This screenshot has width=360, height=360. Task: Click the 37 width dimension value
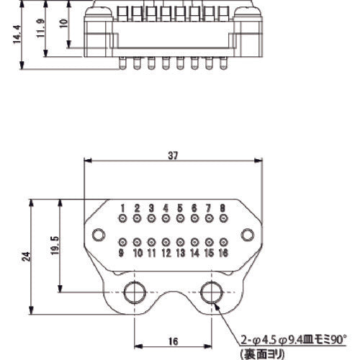[x=174, y=155]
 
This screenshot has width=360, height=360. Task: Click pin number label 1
[x=123, y=207]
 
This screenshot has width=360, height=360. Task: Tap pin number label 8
[x=222, y=207]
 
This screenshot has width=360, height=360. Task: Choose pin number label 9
[x=122, y=253]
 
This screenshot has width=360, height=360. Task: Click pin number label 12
[x=166, y=253]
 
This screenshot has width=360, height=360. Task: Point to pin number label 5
[x=180, y=207]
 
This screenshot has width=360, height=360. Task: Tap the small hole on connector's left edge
[x=97, y=233]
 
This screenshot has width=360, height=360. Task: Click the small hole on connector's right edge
[x=248, y=233]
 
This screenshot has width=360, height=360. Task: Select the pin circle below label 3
[x=152, y=218]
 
